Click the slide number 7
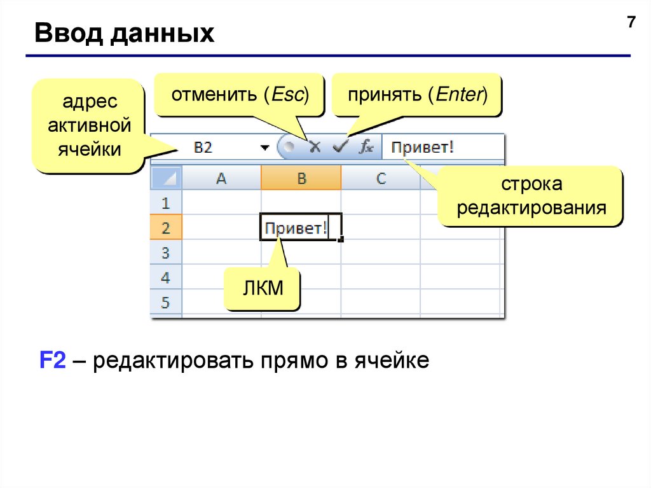[x=631, y=23]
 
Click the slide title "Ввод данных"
[x=125, y=33]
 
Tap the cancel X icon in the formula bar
[x=314, y=147]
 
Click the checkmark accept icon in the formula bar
[x=341, y=147]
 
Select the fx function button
[x=366, y=147]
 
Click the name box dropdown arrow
[x=264, y=148]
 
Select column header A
[x=221, y=179]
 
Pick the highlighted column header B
[x=301, y=179]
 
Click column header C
[x=381, y=179]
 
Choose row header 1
[x=166, y=204]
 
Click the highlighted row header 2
[x=166, y=228]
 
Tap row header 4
[x=166, y=277]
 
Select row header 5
[x=166, y=302]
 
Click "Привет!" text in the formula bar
[x=423, y=148]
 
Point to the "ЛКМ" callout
[x=262, y=289]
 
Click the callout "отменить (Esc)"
[x=239, y=95]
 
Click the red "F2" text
[x=53, y=361]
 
